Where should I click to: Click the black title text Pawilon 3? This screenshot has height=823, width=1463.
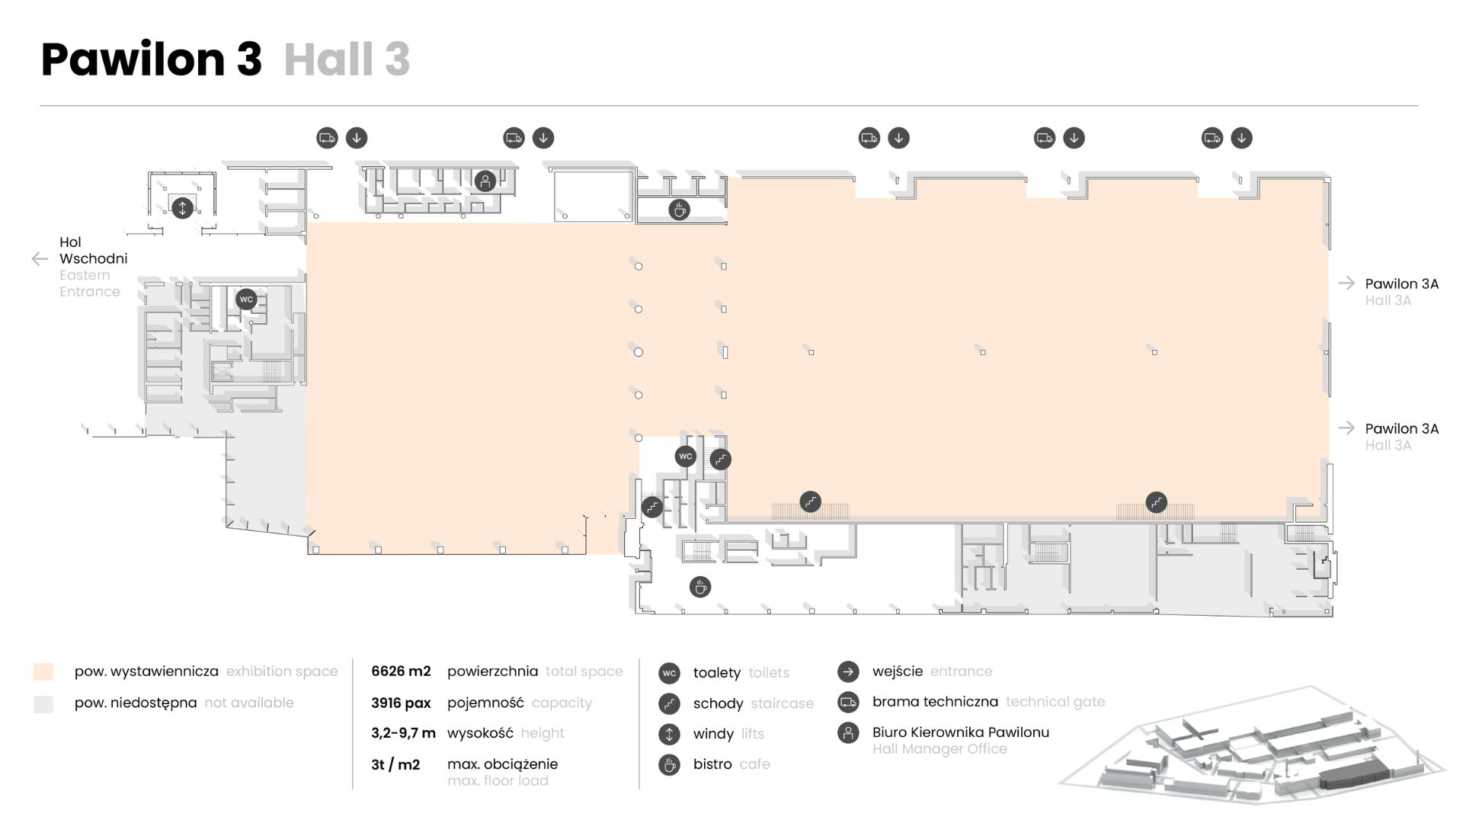tap(151, 59)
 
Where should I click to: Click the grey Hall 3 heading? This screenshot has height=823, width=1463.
tap(347, 59)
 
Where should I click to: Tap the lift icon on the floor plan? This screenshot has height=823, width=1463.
tap(182, 207)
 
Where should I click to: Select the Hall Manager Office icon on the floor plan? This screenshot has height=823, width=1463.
tap(485, 181)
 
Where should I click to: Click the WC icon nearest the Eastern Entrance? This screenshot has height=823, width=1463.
tap(246, 299)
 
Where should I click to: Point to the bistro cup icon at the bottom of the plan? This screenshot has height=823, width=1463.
tap(700, 588)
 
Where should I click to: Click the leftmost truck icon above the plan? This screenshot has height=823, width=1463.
tap(327, 138)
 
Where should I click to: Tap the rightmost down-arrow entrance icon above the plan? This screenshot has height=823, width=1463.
tap(1242, 138)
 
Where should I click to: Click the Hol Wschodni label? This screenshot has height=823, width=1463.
tap(93, 250)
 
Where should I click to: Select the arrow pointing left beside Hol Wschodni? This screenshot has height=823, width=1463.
tap(40, 259)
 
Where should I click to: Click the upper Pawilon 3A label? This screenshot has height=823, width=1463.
tap(1401, 283)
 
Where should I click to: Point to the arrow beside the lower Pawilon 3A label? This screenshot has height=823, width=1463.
tap(1346, 428)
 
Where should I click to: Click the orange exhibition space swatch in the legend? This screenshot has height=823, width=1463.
tap(43, 671)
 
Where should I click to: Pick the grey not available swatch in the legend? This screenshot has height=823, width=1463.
tap(43, 703)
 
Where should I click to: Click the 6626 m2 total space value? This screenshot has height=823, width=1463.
tap(401, 671)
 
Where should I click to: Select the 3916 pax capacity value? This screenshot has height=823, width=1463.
tap(401, 703)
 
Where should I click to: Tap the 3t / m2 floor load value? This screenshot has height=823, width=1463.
tap(395, 764)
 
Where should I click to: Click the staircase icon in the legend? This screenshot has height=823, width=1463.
tap(669, 703)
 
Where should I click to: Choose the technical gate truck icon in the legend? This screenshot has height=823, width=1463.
tap(848, 702)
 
